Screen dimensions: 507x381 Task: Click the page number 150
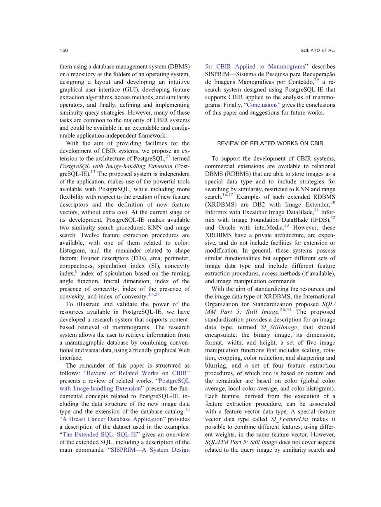pos(63,51)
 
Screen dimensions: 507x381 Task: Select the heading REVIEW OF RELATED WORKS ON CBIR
pos(270,143)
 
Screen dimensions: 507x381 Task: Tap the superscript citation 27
pos(168,157)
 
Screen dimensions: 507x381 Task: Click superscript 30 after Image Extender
pos(333,202)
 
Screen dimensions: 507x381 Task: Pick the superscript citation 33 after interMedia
pos(286,225)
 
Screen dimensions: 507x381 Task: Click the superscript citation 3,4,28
pos(154,294)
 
